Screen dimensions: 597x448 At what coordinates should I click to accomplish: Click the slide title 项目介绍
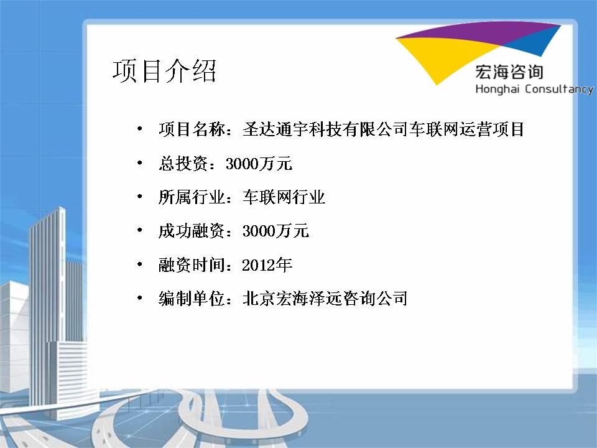[x=164, y=71]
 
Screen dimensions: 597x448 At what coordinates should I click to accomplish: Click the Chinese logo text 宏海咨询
[x=509, y=72]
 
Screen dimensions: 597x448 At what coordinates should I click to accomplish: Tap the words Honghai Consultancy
[x=534, y=89]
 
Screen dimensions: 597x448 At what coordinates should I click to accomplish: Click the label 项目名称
[x=192, y=129]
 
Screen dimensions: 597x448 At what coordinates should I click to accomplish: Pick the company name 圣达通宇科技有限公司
[x=325, y=129]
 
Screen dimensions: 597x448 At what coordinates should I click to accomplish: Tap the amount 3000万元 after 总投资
[x=259, y=164]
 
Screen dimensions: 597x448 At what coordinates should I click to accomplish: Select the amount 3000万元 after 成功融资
[x=275, y=231]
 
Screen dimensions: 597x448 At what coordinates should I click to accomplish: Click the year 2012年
[x=267, y=265]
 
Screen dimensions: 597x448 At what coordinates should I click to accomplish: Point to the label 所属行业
[x=192, y=197]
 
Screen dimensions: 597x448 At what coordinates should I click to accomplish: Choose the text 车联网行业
[x=284, y=197]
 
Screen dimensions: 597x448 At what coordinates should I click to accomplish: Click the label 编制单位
[x=192, y=298]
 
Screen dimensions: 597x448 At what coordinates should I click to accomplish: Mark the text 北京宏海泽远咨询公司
[x=325, y=298]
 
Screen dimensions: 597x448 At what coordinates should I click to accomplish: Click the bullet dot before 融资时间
[x=140, y=264]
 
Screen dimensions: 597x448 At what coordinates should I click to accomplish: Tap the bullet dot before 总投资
[x=140, y=162]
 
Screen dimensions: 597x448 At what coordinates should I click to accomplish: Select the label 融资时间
[x=192, y=265]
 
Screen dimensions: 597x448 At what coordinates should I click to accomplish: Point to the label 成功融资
[x=192, y=231]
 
